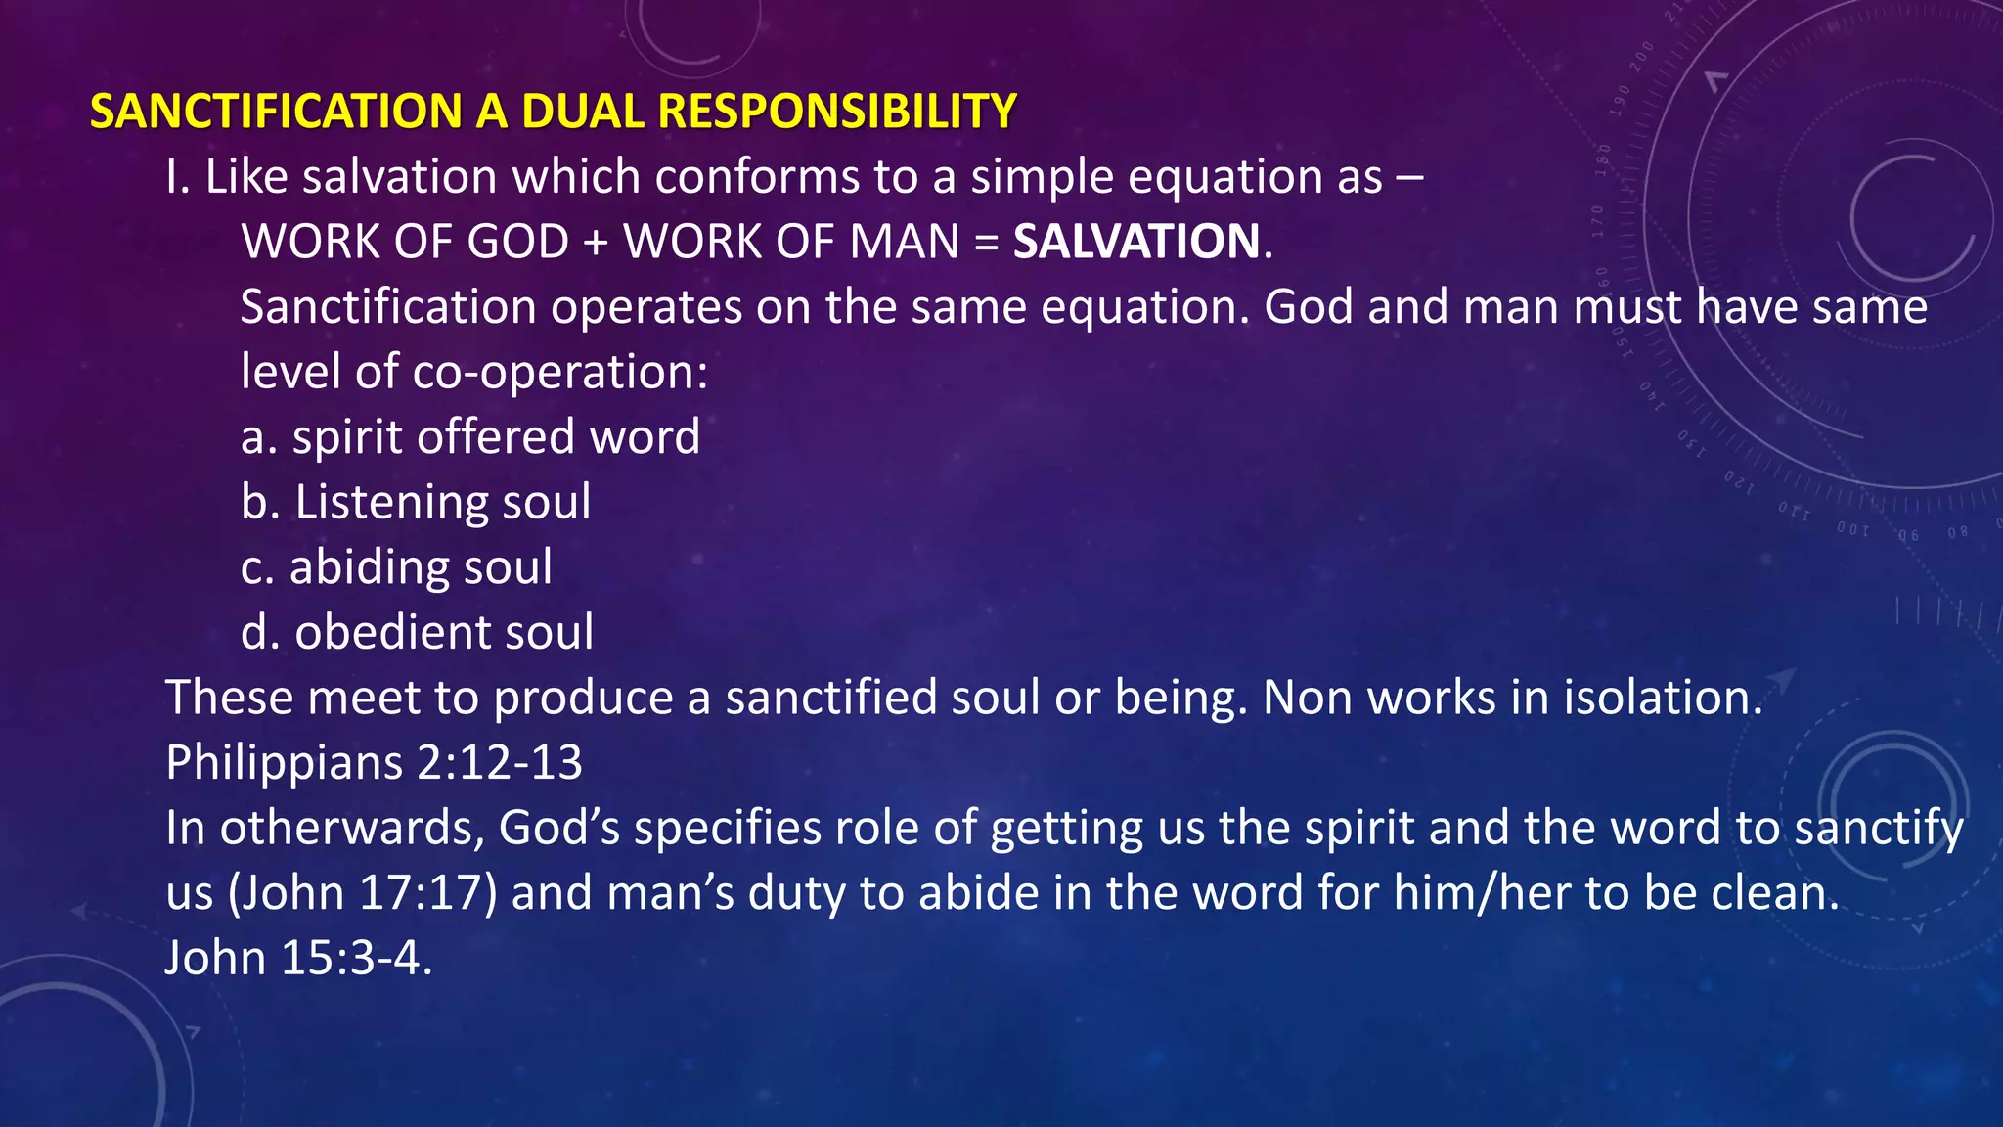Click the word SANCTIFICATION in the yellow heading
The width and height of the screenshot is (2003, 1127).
(275, 111)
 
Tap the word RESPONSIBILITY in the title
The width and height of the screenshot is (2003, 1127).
(837, 111)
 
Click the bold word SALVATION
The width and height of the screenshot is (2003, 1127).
(1136, 242)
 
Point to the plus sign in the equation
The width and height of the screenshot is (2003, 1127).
(595, 243)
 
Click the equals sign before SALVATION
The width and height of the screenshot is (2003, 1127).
(986, 243)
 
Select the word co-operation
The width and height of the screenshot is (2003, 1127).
(559, 372)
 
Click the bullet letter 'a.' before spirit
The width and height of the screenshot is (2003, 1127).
(258, 437)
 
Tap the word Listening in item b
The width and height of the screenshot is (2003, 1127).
(390, 503)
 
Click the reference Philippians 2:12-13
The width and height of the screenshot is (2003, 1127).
(374, 762)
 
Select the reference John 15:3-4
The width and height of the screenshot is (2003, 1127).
(297, 958)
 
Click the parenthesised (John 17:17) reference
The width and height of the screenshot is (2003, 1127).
(362, 893)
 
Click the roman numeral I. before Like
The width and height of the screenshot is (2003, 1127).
(177, 177)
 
